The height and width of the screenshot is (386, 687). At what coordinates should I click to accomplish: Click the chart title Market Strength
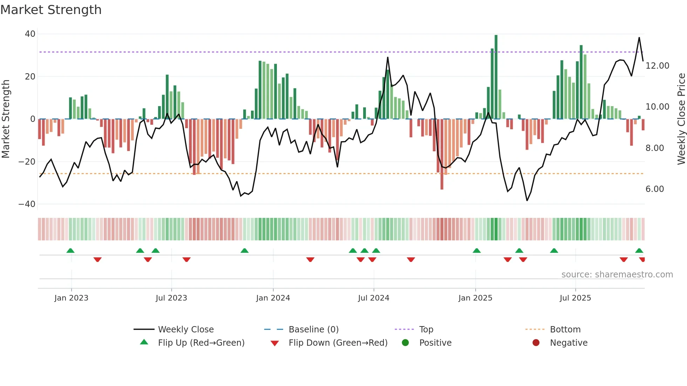51,9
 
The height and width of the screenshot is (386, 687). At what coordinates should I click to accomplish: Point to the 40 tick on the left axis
30,34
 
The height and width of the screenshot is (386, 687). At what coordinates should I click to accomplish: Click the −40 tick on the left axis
27,204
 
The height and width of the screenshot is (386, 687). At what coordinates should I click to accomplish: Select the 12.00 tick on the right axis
657,66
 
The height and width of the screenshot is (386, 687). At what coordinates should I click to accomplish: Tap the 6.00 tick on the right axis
654,189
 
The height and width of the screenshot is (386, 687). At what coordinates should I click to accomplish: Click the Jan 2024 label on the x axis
273,298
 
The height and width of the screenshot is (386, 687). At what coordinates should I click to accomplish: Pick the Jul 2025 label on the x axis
575,298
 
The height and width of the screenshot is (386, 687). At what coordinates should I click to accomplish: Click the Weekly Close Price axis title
681,119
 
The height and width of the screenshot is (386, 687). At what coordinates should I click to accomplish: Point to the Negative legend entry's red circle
536,343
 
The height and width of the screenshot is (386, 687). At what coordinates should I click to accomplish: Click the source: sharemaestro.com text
617,275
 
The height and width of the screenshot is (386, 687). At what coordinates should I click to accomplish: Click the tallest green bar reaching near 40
496,77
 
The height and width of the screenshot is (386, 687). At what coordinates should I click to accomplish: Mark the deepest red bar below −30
442,154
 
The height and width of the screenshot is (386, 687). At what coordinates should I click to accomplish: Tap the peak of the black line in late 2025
639,38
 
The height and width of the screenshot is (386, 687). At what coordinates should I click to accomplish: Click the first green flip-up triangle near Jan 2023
70,250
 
